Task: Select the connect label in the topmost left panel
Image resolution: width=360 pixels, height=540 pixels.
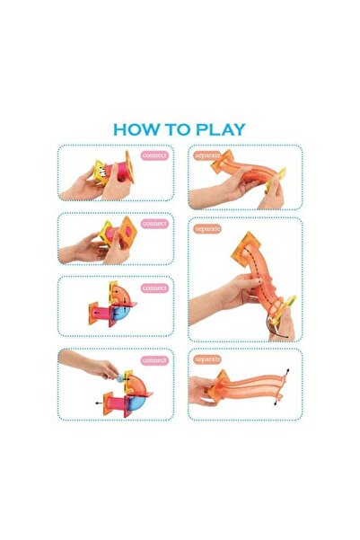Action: pos(154,155)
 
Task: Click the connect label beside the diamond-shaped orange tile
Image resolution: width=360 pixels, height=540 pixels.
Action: pos(154,224)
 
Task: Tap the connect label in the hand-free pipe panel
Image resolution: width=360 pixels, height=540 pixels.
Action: pos(154,288)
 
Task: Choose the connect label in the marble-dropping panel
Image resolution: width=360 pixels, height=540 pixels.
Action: pos(154,360)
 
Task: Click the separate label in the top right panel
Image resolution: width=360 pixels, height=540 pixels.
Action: pos(206,155)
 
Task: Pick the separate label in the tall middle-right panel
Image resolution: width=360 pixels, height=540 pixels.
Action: pos(207,229)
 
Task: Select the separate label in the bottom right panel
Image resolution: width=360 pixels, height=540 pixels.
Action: pos(206,359)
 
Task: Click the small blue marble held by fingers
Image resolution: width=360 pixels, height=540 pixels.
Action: pos(119,379)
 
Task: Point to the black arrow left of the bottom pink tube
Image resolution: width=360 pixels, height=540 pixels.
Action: pos(99,403)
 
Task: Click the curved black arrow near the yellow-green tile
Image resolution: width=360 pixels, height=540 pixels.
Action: pos(277,330)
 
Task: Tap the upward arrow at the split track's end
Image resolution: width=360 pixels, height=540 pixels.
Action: pos(286,373)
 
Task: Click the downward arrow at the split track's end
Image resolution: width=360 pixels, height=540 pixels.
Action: pos(277,401)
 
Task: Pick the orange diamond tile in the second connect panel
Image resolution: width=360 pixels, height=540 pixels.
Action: pos(128,230)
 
